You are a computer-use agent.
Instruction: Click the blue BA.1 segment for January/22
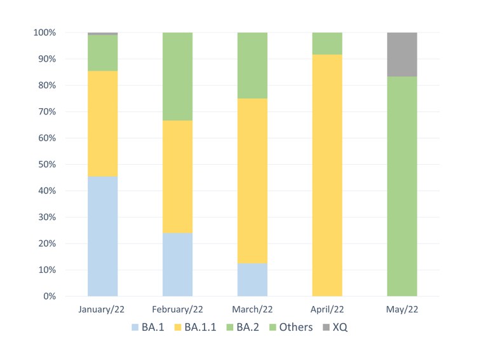click(x=103, y=236)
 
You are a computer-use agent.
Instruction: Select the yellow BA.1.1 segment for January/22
click(x=103, y=123)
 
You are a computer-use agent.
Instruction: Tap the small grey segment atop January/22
click(x=103, y=34)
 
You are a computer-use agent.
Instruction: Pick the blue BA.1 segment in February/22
click(x=177, y=264)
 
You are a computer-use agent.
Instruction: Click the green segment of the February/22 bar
click(x=177, y=76)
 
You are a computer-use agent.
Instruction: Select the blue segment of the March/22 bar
click(x=252, y=279)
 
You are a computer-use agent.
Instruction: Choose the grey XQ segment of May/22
click(x=402, y=54)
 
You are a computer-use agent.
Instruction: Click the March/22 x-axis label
click(x=252, y=310)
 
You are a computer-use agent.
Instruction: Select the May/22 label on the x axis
click(x=402, y=310)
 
